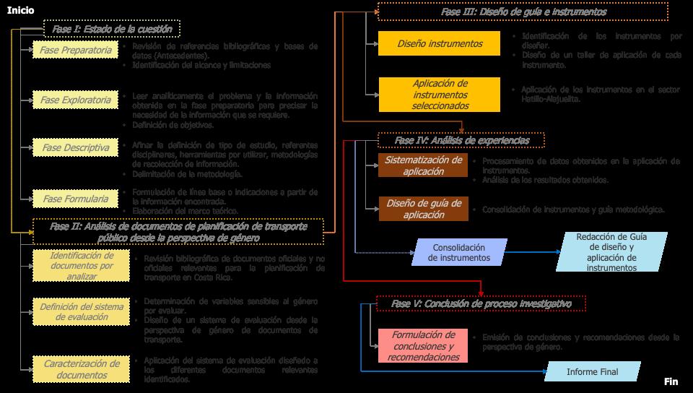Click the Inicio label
pos(20,10)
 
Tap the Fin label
pos(671,381)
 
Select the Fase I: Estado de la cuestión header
pos(112,30)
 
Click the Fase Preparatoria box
pos(76,51)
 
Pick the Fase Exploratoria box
pos(76,100)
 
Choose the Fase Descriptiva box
pos(76,148)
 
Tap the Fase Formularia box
pos(76,199)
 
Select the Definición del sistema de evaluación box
pos(82,313)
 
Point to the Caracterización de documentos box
pos(82,369)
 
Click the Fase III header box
pos(523,12)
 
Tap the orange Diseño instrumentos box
pos(439,44)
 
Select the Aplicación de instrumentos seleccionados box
pos(439,95)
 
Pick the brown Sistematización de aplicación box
pos(423,165)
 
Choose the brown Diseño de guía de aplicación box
pos(423,208)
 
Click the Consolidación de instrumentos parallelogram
pos(458,253)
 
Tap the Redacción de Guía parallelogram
pos(611,252)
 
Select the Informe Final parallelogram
pos(593,372)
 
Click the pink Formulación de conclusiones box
pos(423,346)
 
